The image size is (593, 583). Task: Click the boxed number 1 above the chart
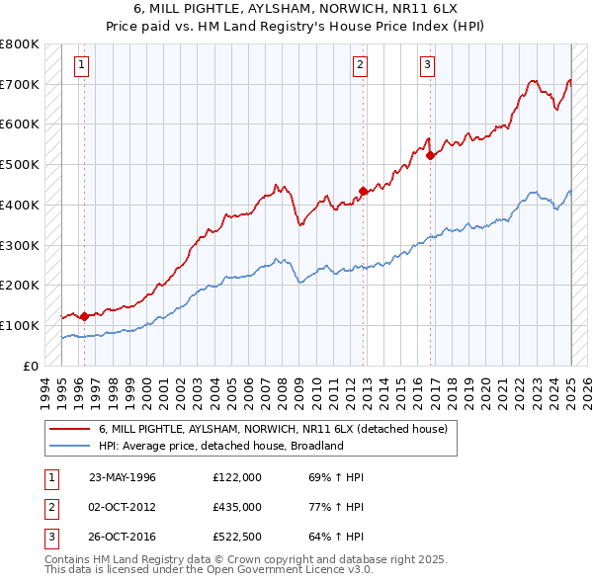[80, 66]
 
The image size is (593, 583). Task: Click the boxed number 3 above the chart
[427, 66]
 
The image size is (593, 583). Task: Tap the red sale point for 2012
[363, 191]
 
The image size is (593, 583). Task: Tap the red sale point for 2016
[431, 154]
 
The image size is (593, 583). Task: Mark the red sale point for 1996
[84, 316]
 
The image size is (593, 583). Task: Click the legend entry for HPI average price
[219, 446]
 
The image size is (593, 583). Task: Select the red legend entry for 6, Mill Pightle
[273, 429]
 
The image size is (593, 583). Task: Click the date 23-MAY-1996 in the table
[123, 477]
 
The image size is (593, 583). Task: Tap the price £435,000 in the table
[237, 508]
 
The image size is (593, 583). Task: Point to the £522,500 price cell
[237, 539]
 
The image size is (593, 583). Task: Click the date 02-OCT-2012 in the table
[123, 508]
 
